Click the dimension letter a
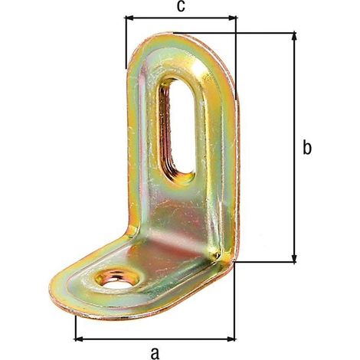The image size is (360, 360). pyautogui.click(x=155, y=353)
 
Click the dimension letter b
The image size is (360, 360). pyautogui.click(x=307, y=147)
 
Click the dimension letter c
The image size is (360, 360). pyautogui.click(x=181, y=6)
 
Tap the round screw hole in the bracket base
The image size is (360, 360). pyautogui.click(x=116, y=280)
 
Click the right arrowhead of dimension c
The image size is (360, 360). pyautogui.click(x=232, y=18)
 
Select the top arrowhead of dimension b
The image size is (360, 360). pyautogui.click(x=294, y=36)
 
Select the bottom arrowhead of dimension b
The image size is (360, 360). pyautogui.click(x=294, y=258)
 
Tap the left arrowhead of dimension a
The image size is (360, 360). pyautogui.click(x=78, y=339)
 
